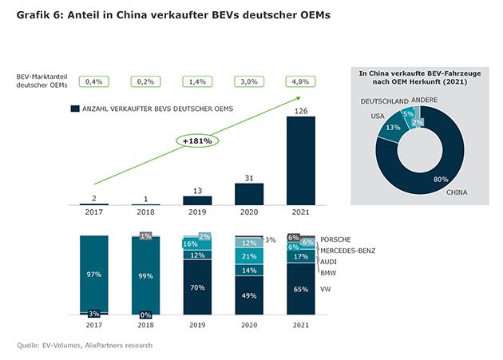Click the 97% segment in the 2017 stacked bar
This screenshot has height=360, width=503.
(x=93, y=274)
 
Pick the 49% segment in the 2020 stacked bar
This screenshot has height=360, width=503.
(x=249, y=295)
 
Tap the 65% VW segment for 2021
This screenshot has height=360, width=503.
(x=301, y=289)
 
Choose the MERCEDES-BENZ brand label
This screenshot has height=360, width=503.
(x=348, y=250)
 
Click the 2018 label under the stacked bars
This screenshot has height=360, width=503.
(x=145, y=326)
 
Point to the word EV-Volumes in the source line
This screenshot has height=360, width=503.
(x=57, y=345)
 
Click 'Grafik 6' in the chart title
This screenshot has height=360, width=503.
(x=37, y=16)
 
